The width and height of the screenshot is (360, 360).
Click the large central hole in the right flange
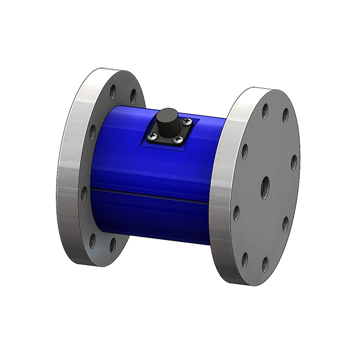click(265, 186)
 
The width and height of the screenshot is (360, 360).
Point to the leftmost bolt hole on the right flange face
click(236, 213)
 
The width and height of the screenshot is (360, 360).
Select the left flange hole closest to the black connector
click(133, 96)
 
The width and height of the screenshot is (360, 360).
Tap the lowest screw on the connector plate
click(177, 139)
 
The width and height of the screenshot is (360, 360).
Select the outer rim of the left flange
click(66, 169)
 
